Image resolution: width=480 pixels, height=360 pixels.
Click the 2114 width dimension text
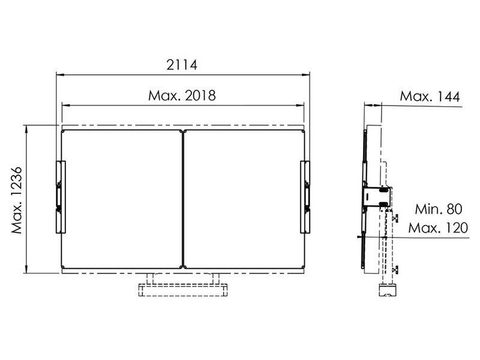[182, 65]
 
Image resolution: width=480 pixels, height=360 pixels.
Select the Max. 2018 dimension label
[182, 95]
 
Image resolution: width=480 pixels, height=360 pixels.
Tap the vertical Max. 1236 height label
[17, 200]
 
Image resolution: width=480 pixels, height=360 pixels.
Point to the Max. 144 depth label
[430, 97]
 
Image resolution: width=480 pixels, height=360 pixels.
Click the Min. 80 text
[439, 209]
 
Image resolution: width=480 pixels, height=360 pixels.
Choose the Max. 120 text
[438, 228]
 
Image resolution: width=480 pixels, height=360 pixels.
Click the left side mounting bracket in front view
[61, 197]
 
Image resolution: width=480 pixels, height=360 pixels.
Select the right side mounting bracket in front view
[305, 197]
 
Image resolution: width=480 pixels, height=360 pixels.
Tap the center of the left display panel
[122, 199]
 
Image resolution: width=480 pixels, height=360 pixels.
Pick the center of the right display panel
[244, 199]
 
